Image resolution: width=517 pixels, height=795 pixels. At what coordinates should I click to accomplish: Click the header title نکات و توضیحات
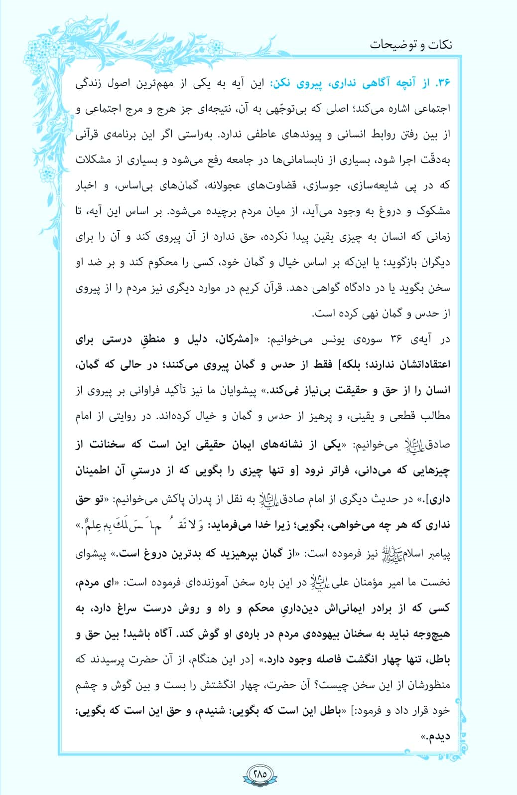[411, 44]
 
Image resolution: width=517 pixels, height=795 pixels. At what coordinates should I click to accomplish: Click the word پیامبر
[437, 554]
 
